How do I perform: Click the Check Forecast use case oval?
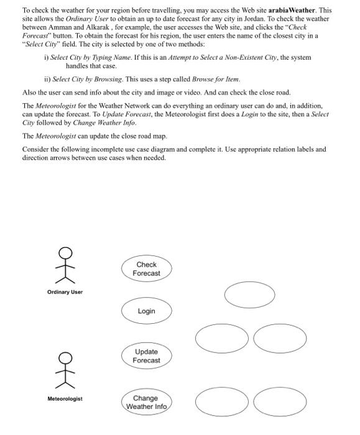click(146, 269)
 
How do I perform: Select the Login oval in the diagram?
click(146, 311)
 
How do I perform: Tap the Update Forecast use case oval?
click(147, 356)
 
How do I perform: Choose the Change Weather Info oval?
click(146, 402)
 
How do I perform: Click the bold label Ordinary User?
click(64, 292)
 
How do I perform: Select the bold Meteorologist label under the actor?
click(64, 398)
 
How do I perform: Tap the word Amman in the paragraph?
click(64, 27)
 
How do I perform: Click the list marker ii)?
click(47, 80)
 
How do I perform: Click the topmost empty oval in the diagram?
click(249, 295)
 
